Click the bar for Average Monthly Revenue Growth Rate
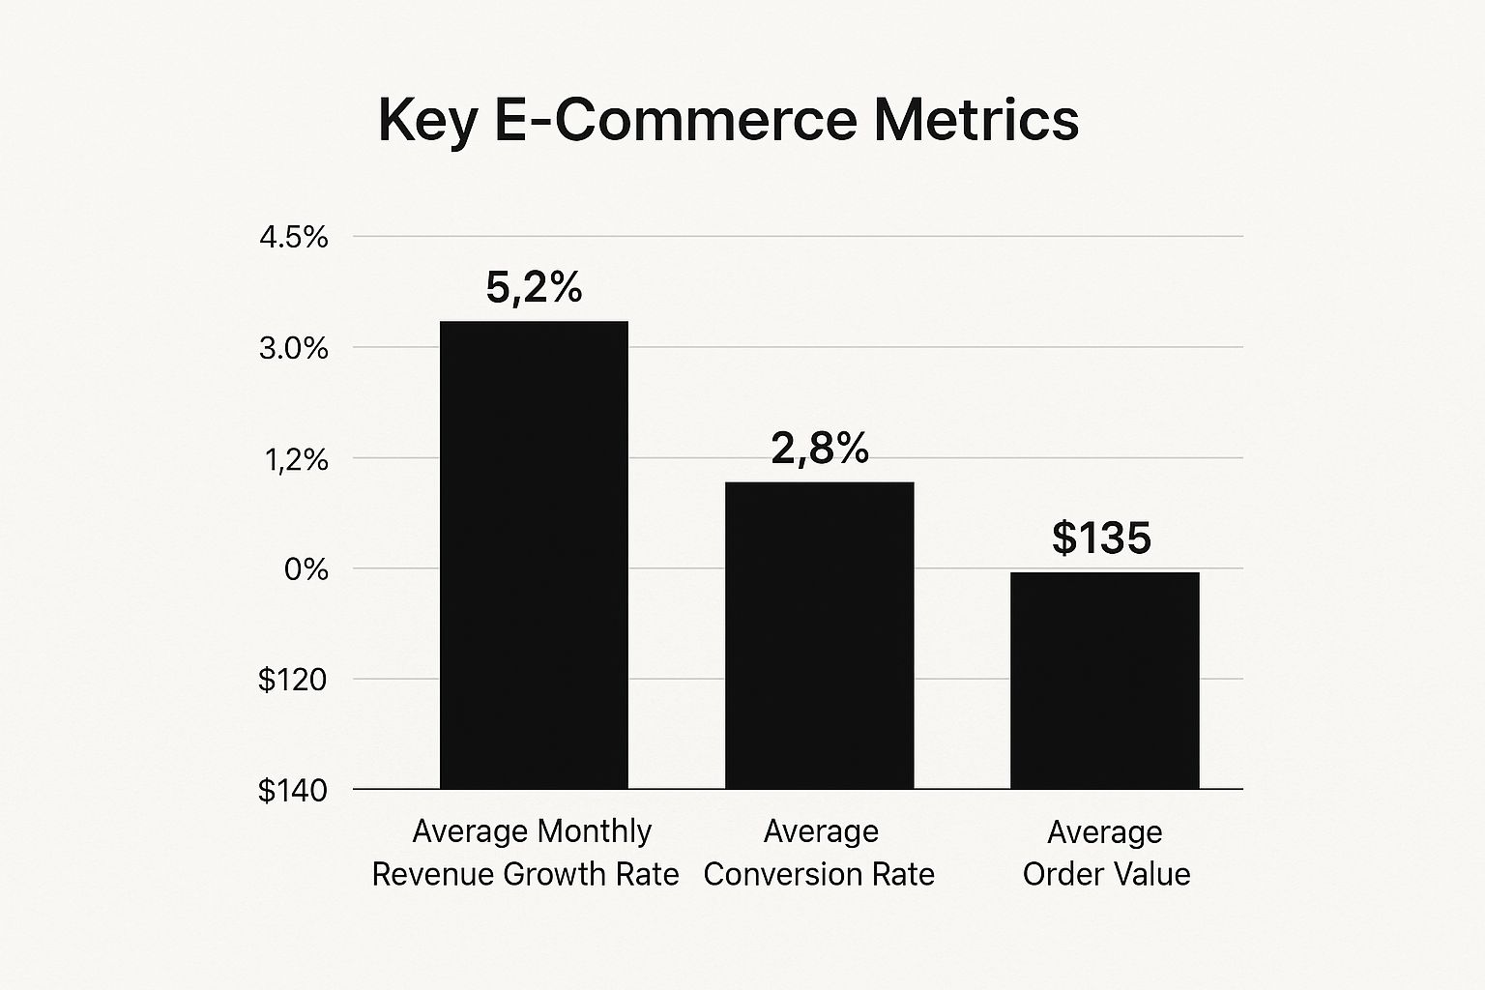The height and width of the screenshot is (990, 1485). [534, 555]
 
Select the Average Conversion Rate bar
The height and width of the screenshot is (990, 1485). [819, 635]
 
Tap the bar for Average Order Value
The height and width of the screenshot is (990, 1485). [1104, 681]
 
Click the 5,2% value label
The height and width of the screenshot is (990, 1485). [534, 287]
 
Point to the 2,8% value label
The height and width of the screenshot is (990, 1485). [820, 449]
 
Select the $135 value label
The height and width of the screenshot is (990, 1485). [1101, 538]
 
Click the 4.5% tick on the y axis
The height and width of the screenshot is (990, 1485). [294, 237]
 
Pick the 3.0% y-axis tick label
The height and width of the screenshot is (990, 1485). [294, 348]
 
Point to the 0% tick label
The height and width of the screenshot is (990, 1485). [306, 569]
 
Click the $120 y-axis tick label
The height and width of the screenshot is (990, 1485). [292, 680]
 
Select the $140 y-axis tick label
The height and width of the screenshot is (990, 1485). [292, 791]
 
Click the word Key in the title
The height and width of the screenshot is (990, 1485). [425, 121]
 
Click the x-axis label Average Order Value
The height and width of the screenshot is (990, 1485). [1106, 853]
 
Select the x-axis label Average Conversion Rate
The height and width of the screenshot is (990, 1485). [819, 853]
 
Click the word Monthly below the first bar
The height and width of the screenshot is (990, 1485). [594, 831]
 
